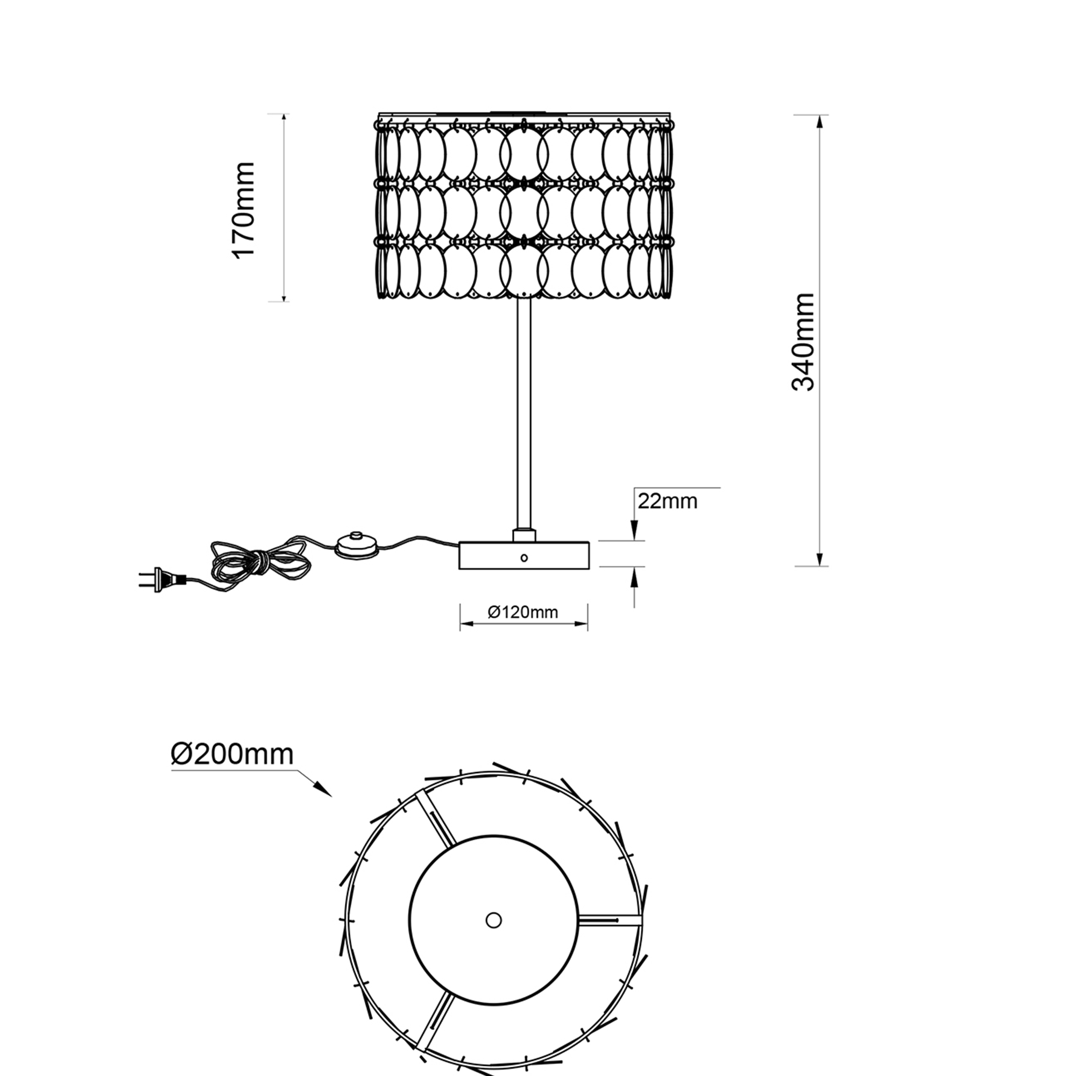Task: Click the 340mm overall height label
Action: pos(803,342)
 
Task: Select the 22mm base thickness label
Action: pos(667,501)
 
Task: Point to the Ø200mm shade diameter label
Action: pos(232,755)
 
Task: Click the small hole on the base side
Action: pos(523,557)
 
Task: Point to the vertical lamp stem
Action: pos(523,412)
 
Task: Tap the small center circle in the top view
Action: pos(493,920)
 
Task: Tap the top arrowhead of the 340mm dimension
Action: pos(819,122)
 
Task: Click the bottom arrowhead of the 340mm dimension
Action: pos(819,559)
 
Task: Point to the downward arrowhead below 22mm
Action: pos(634,532)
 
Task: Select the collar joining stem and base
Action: pos(523,535)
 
